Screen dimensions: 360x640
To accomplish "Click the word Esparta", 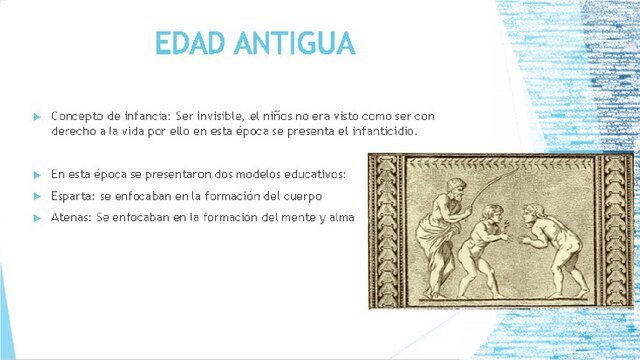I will pyautogui.click(x=73, y=195).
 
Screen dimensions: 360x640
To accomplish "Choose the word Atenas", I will pyautogui.click(x=71, y=216).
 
